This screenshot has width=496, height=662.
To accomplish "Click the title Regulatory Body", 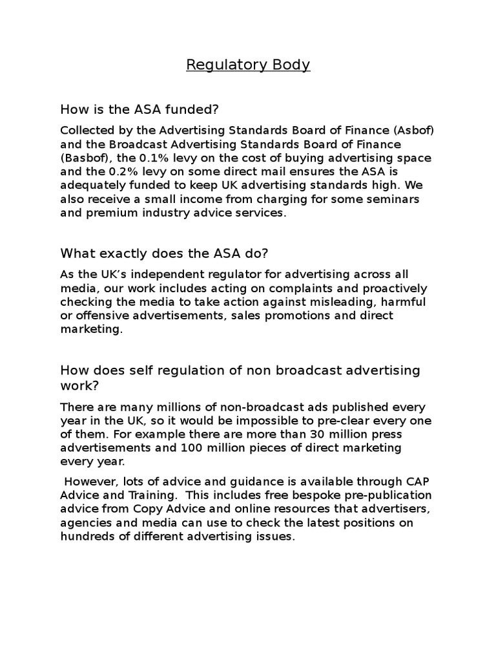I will [x=248, y=65].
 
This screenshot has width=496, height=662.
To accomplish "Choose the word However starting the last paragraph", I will [x=88, y=482].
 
